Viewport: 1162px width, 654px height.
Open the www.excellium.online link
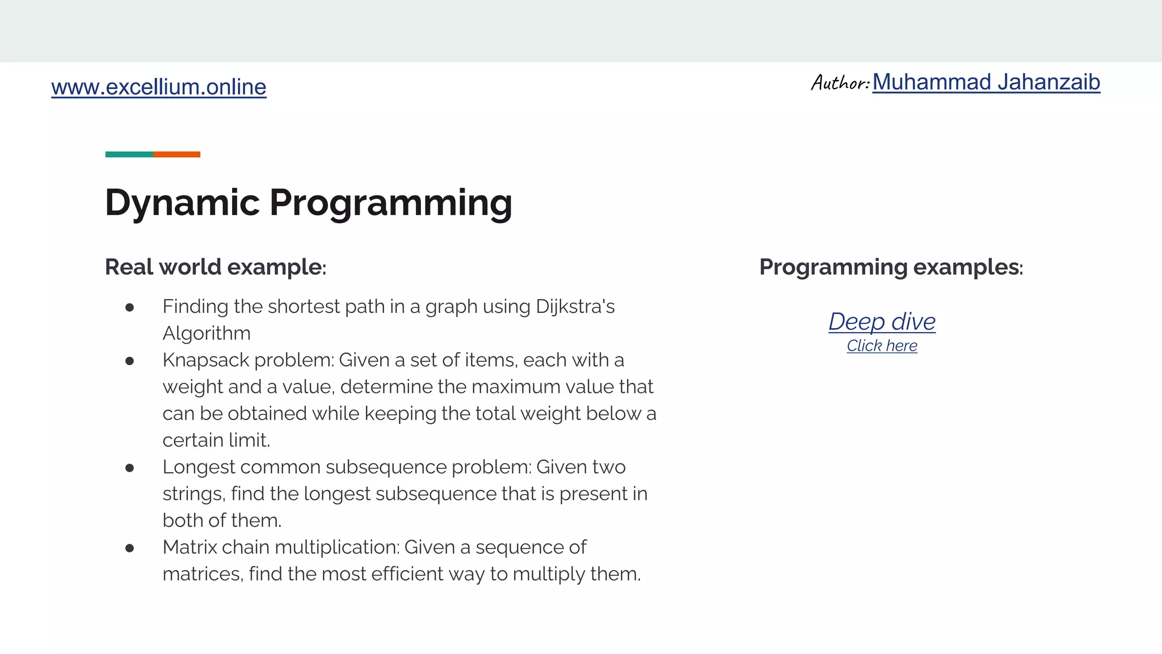tap(158, 87)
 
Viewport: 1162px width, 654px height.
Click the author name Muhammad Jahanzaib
tap(986, 82)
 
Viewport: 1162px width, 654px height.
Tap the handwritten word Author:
tap(840, 83)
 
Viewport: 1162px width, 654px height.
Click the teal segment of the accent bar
tap(129, 154)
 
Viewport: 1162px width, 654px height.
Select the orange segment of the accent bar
tap(176, 154)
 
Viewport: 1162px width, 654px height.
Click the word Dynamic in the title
tap(182, 203)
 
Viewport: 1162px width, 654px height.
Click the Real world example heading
tap(215, 267)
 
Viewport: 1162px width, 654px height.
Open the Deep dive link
tap(882, 321)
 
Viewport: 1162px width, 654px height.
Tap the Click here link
tap(882, 346)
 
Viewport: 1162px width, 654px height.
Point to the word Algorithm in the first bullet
tap(207, 333)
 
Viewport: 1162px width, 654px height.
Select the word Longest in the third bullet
tap(199, 467)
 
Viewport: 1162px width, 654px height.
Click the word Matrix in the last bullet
tap(189, 547)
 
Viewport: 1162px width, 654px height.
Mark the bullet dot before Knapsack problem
tap(129, 360)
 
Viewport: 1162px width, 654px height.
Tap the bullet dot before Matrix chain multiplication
tap(129, 548)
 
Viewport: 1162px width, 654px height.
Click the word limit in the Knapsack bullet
tap(249, 441)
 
